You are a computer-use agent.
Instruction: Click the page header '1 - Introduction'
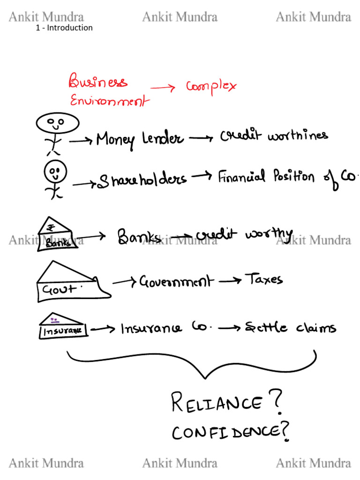click(64, 28)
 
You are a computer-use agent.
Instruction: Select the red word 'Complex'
click(211, 86)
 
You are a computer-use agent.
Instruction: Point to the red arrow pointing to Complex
click(163, 88)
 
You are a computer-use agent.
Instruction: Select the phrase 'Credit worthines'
click(274, 136)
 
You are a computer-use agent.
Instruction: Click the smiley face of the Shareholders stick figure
click(55, 172)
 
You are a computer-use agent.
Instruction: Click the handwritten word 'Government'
click(176, 282)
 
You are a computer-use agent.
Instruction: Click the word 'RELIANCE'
click(216, 402)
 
